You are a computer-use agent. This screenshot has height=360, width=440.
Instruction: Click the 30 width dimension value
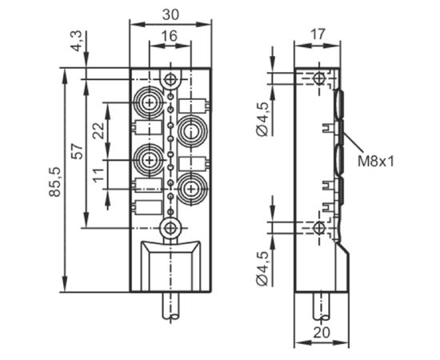170,14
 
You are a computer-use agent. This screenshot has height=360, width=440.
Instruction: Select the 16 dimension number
170,36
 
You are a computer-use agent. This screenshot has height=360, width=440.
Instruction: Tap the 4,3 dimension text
76,41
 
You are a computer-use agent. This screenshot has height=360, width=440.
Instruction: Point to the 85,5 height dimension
54,182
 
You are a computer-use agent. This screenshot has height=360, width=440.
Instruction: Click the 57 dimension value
77,151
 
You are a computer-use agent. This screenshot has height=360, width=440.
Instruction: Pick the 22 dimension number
98,130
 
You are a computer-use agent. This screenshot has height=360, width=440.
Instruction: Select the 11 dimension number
98,175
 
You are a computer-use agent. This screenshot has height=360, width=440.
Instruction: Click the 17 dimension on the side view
318,34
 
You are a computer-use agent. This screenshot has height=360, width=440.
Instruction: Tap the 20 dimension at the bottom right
322,333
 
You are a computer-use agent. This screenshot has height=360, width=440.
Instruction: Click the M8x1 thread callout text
376,162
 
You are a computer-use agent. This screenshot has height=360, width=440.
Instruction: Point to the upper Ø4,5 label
262,119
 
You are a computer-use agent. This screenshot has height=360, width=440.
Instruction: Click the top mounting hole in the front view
170,79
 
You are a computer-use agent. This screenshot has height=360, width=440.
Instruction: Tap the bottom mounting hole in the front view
170,228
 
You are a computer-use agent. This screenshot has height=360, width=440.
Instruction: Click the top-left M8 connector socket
149,102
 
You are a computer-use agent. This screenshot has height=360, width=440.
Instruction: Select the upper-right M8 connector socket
191,130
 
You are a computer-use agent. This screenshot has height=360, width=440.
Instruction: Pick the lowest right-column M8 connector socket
191,188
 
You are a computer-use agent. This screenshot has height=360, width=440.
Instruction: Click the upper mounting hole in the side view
318,78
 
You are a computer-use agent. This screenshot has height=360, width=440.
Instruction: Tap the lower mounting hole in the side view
318,227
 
